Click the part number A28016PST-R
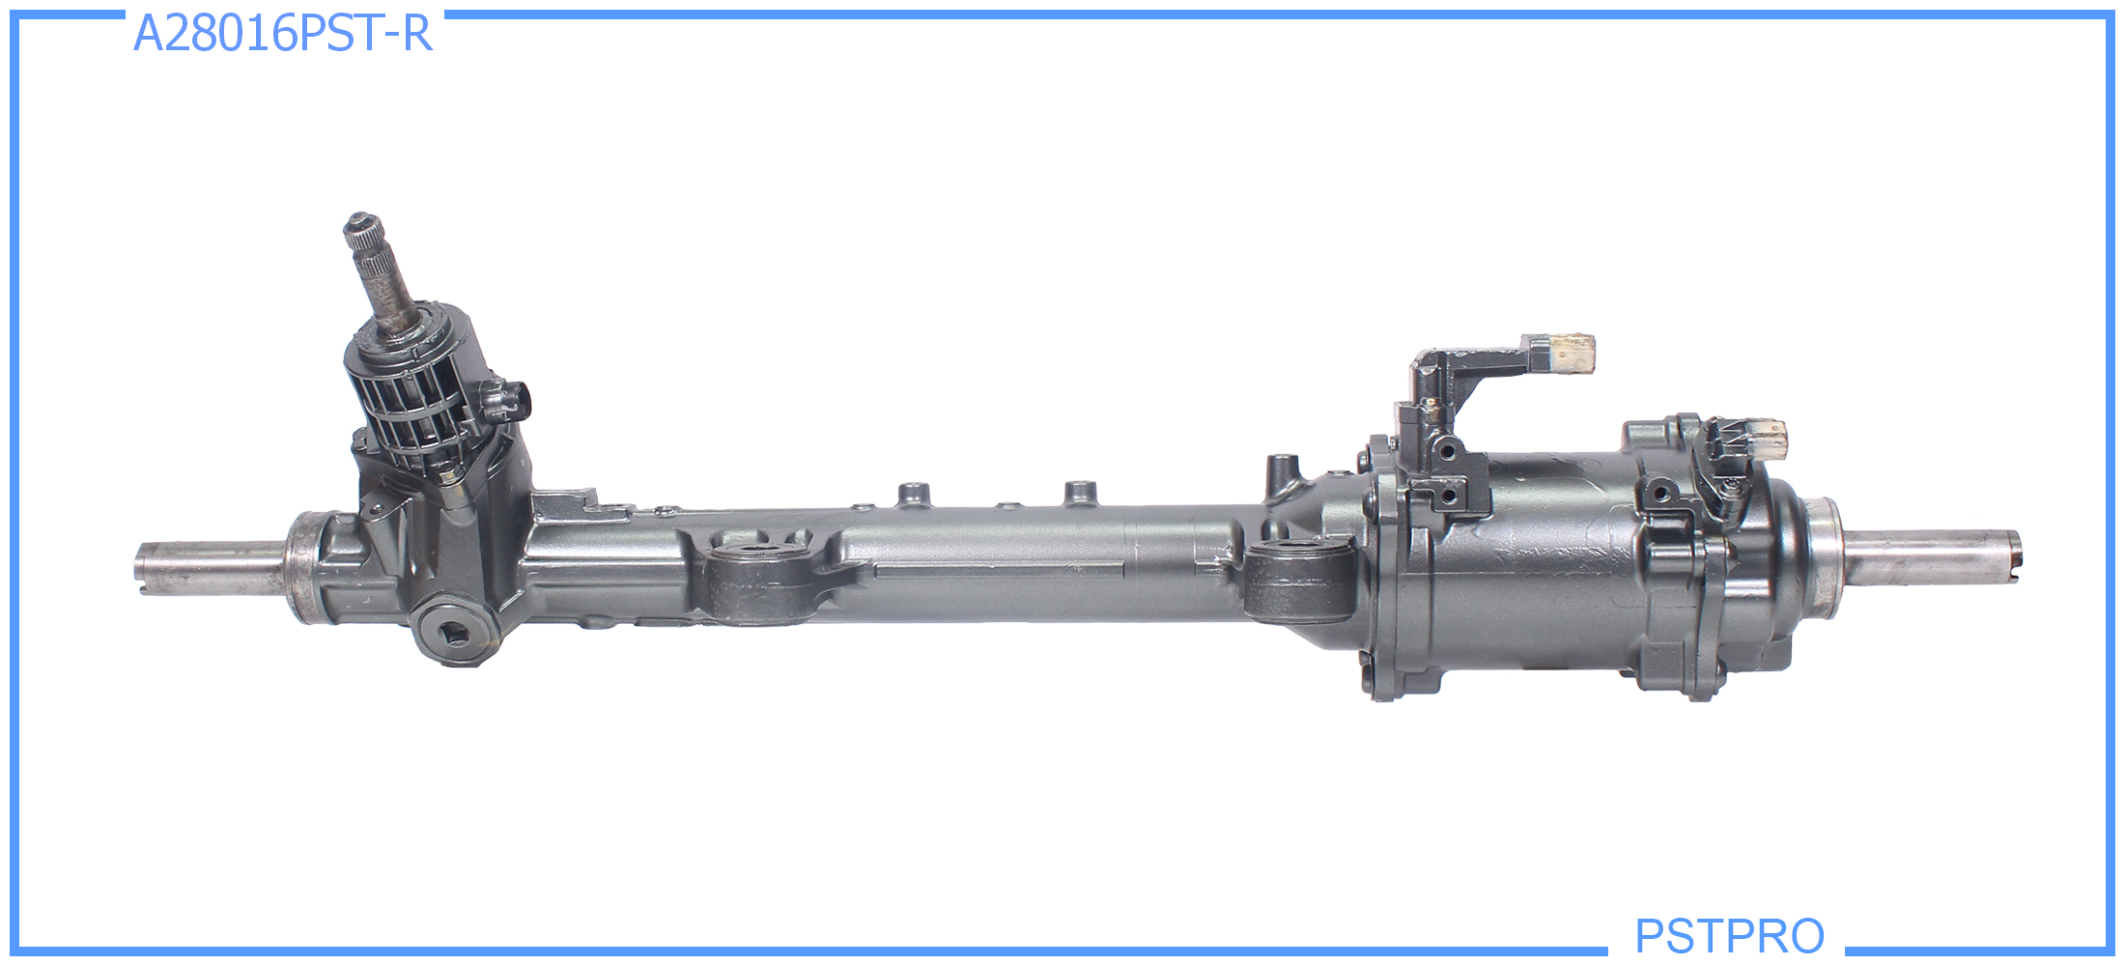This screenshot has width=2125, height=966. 282,34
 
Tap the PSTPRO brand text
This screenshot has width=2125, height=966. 1729,935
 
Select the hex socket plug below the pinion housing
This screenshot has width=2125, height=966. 451,633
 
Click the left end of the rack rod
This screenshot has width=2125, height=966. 138,569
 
